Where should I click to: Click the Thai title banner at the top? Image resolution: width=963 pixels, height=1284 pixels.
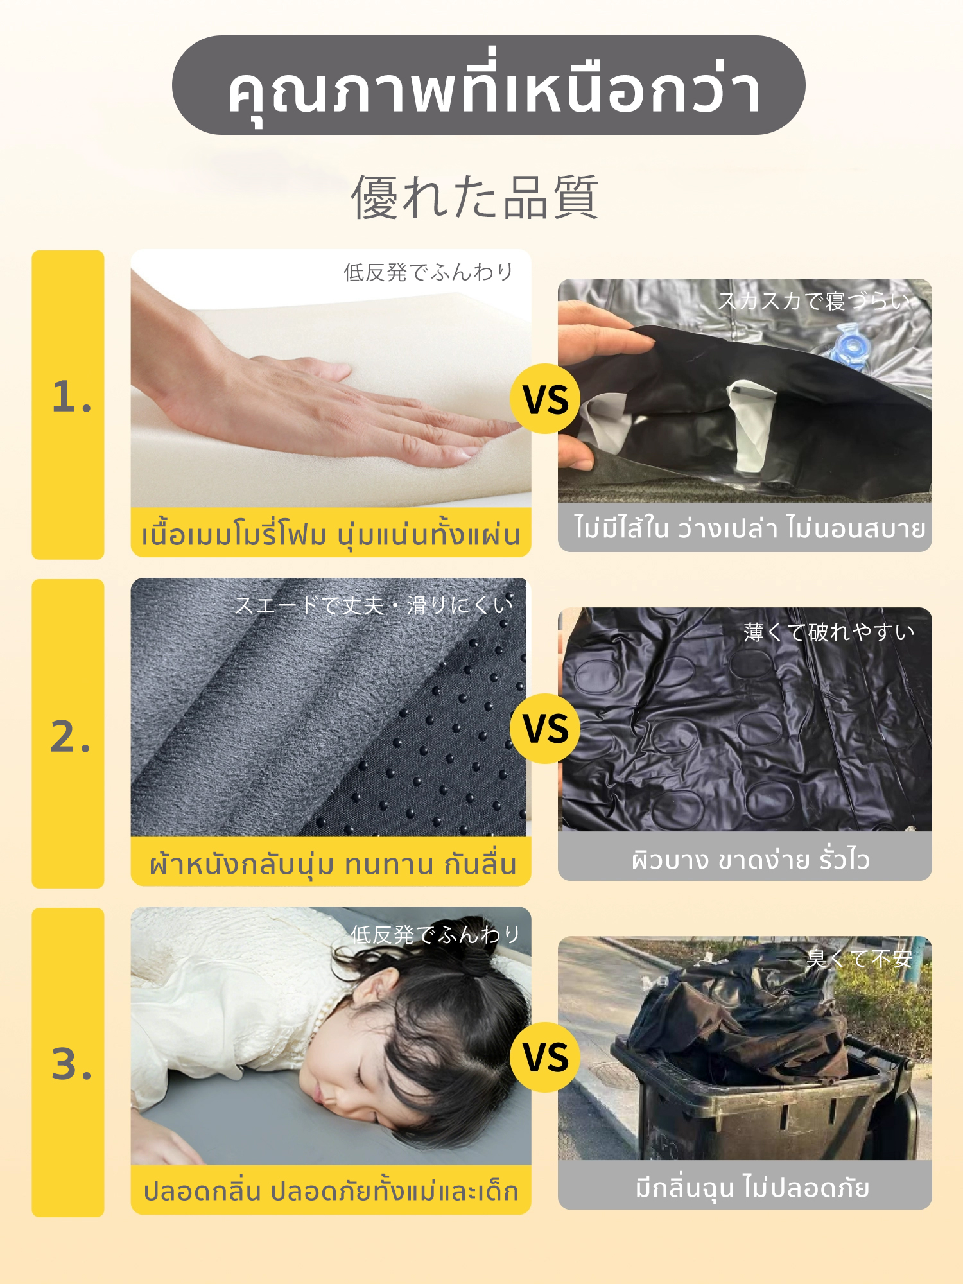click(x=489, y=85)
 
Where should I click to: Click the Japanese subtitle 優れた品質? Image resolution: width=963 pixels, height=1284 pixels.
click(x=474, y=197)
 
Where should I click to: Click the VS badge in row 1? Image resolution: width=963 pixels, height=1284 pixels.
click(x=545, y=399)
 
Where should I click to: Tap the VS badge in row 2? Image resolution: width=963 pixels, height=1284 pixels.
click(x=545, y=729)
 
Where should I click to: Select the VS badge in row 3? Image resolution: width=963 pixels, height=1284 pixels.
click(x=545, y=1057)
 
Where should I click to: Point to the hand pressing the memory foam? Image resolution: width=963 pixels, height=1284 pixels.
click(x=321, y=392)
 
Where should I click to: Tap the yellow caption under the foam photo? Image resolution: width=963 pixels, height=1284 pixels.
click(x=331, y=533)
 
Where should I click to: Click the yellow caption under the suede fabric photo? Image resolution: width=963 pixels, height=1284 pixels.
click(x=331, y=862)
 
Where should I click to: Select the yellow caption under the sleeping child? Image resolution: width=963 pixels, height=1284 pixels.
click(x=331, y=1190)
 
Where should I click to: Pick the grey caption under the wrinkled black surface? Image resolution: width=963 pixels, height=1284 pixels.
click(x=745, y=856)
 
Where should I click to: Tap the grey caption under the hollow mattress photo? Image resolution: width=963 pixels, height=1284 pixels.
click(x=745, y=527)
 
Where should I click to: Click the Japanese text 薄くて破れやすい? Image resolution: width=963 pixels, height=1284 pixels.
click(x=829, y=632)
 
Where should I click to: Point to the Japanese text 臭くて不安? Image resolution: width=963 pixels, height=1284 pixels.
click(x=859, y=959)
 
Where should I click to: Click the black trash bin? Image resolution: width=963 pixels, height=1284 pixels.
click(x=764, y=1091)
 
